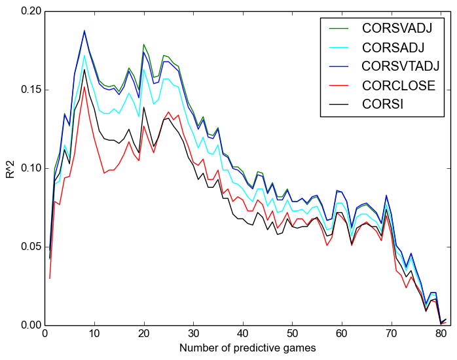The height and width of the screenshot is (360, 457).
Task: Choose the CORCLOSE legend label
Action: (399, 84)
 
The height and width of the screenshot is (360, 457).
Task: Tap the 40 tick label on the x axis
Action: (243, 334)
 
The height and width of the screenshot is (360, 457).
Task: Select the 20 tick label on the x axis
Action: (143, 334)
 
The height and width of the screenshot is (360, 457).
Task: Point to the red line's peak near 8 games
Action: (84, 86)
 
